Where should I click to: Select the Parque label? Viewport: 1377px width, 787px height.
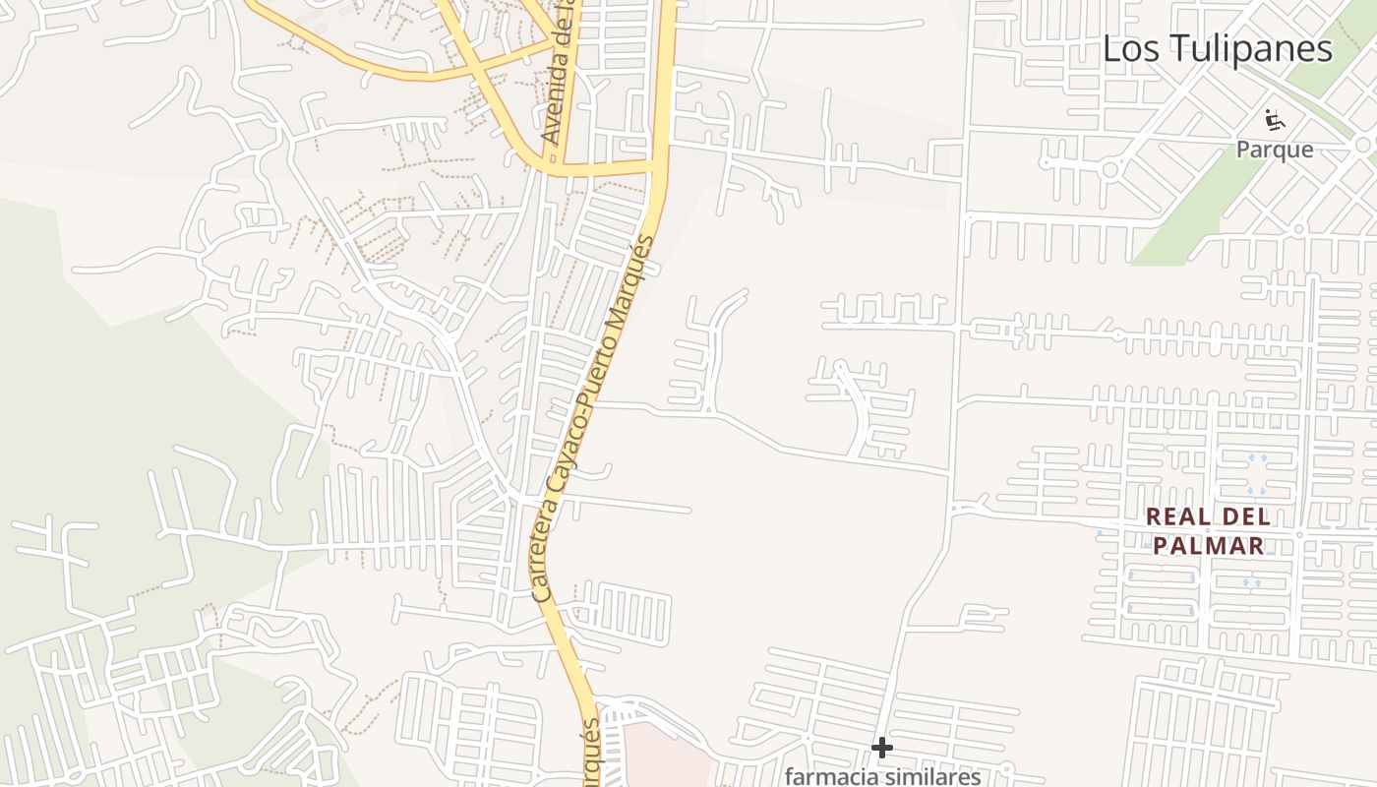pyautogui.click(x=1275, y=150)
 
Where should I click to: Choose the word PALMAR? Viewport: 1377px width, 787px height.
pyautogui.click(x=1209, y=546)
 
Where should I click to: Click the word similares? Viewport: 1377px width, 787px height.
pyautogui.click(x=933, y=776)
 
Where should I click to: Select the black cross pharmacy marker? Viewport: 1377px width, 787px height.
pyautogui.click(x=882, y=748)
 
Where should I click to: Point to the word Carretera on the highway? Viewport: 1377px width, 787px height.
pyautogui.click(x=547, y=551)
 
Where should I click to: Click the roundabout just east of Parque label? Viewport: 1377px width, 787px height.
pyautogui.click(x=1362, y=146)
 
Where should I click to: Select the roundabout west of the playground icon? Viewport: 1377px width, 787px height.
pyautogui.click(x=1110, y=169)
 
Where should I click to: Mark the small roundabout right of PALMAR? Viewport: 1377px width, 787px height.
pyautogui.click(x=1299, y=535)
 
